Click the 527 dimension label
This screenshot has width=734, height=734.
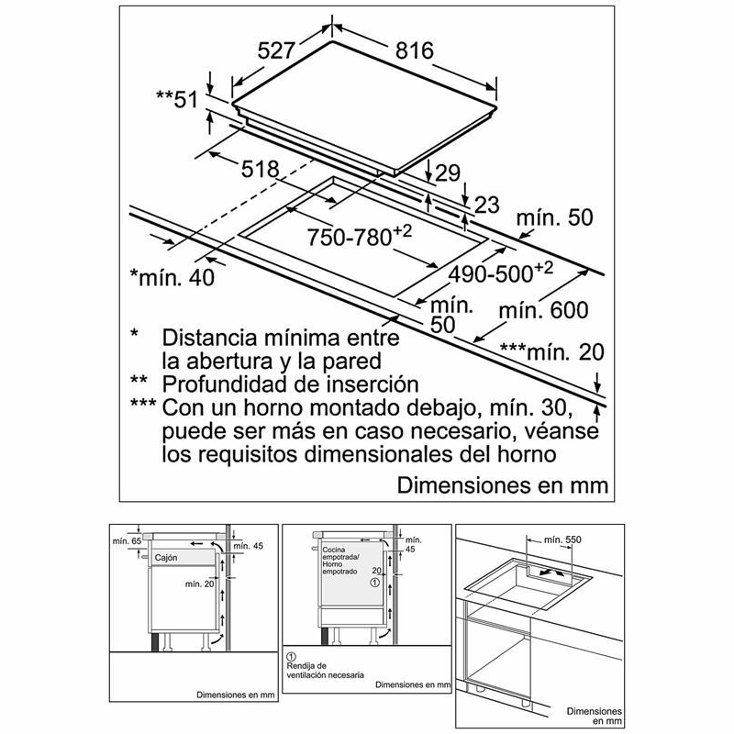[277, 50]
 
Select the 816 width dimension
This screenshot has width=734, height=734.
[415, 50]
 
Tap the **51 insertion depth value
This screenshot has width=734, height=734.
[177, 99]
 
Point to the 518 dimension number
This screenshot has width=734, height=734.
[260, 169]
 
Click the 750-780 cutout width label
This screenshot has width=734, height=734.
[359, 236]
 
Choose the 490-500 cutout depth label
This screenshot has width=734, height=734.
[500, 272]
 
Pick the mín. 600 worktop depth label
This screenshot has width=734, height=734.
[543, 310]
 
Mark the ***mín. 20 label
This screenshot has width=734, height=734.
[552, 352]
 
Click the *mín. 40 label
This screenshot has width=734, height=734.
[172, 277]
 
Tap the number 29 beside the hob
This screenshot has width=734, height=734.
[448, 172]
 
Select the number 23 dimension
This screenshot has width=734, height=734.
[487, 205]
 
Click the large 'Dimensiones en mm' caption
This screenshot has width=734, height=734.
[503, 485]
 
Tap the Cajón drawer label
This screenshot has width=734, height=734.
[166, 558]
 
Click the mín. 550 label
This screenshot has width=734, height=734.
[562, 540]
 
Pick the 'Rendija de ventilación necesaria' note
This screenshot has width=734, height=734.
[325, 670]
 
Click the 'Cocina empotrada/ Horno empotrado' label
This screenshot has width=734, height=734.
[340, 561]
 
